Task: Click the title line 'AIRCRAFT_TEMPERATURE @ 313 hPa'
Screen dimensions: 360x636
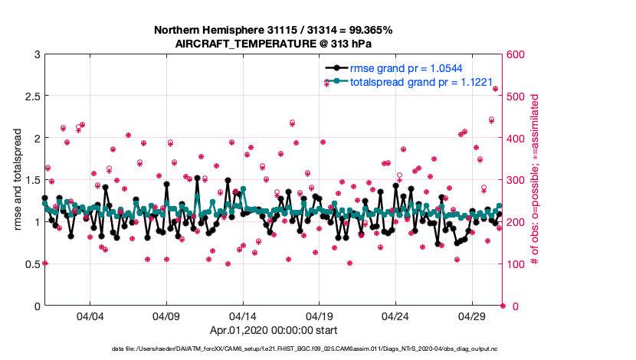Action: click(274, 44)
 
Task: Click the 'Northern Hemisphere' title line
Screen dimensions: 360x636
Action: click(274, 31)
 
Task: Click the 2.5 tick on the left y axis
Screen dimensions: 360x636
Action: click(31, 97)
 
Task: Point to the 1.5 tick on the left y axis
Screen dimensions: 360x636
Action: click(31, 180)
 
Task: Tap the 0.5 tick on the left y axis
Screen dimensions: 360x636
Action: click(31, 264)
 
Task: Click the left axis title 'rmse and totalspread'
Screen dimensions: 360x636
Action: click(16, 180)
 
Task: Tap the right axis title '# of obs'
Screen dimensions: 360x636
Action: click(536, 180)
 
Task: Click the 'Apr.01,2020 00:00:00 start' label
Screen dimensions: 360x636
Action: click(274, 331)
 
